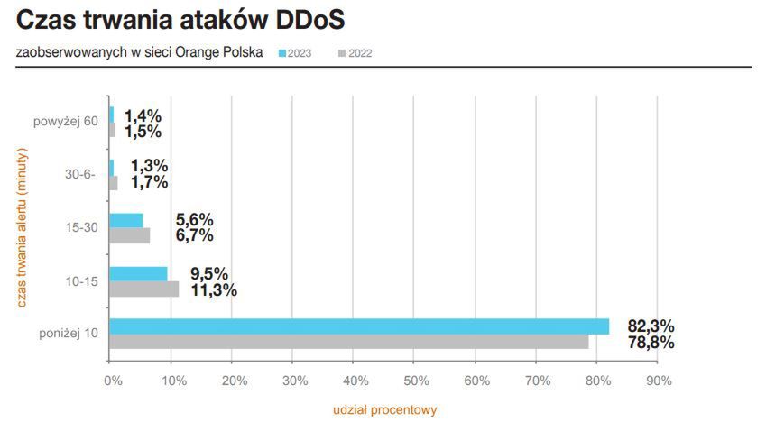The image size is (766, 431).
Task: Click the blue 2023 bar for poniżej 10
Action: coord(358,326)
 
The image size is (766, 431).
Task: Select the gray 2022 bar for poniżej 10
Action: coord(348,342)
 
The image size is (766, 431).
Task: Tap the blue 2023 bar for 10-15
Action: coord(138,273)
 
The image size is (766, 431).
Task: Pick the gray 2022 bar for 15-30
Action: coord(129,235)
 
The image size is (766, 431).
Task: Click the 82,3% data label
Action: coord(651,326)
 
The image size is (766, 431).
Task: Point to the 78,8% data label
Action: coord(651,343)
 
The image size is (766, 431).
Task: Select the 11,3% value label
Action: coord(213,289)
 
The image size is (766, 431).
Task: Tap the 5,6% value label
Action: coord(195,220)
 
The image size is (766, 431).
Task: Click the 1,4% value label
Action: coord(143,115)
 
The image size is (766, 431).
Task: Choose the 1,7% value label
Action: coord(149,182)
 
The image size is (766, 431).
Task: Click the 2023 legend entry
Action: coord(295,53)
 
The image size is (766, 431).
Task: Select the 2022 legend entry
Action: coord(355,53)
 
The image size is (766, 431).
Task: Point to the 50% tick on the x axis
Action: coord(415,381)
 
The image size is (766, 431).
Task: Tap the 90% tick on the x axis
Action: coord(659,381)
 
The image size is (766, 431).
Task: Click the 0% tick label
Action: coord(112,381)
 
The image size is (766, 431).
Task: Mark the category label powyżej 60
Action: coord(66,123)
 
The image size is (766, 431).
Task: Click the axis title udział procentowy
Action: coord(384,409)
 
